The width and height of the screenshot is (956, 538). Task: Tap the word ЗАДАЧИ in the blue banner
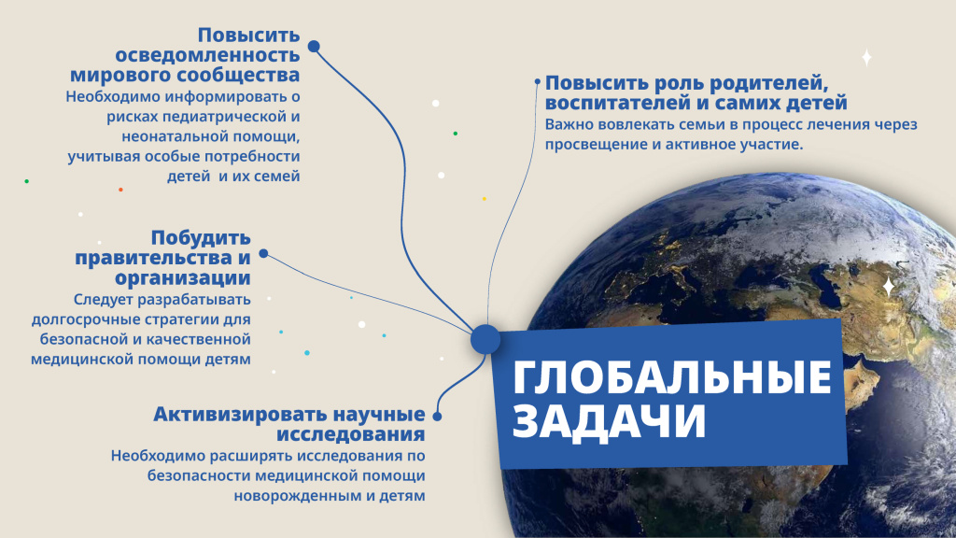[609, 421]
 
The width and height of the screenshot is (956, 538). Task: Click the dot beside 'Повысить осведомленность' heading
[314, 46]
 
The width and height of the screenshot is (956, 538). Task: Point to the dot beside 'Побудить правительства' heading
[263, 253]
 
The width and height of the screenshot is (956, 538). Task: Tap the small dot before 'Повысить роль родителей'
[537, 82]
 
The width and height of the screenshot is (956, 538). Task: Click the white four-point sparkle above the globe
[866, 58]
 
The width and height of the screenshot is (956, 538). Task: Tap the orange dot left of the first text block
[120, 190]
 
